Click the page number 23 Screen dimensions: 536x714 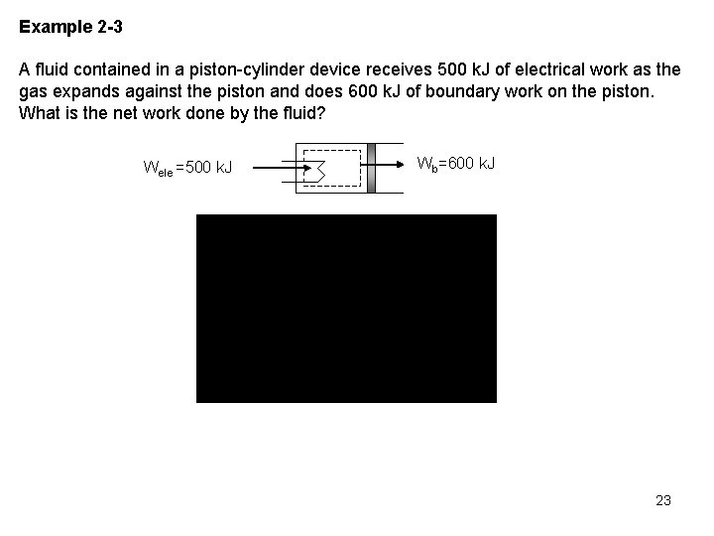pos(663,500)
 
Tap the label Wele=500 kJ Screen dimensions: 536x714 pos(188,168)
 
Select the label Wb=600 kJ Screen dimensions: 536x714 pos(456,163)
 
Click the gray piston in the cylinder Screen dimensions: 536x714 pos(371,167)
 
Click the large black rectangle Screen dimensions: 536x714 pos(346,308)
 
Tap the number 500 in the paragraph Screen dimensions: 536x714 pos(452,70)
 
